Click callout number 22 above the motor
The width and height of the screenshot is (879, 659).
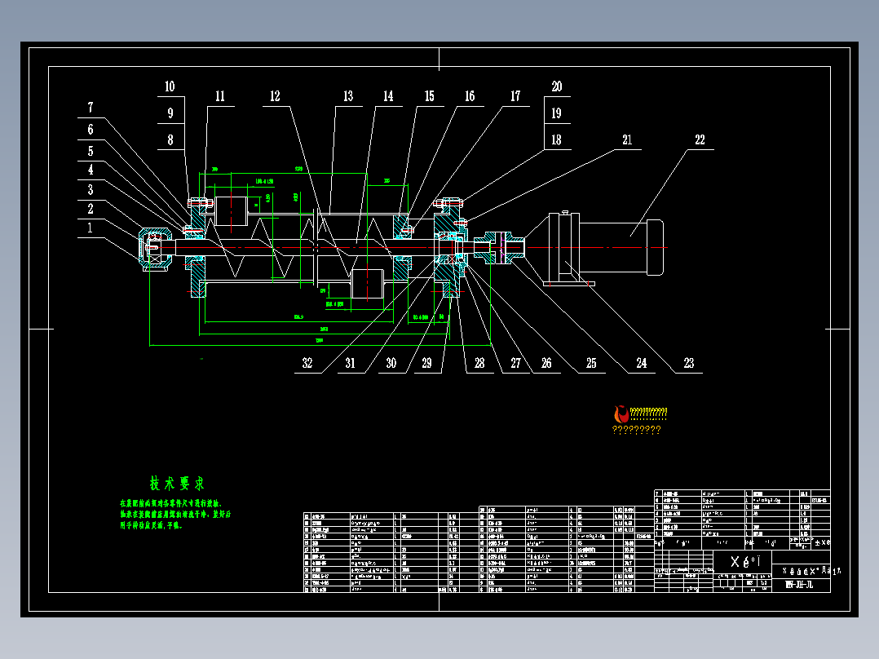pyautogui.click(x=700, y=139)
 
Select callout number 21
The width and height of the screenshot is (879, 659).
pyautogui.click(x=627, y=139)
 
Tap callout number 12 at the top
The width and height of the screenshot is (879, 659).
pyautogui.click(x=275, y=96)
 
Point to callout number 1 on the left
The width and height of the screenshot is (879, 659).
pyautogui.click(x=91, y=229)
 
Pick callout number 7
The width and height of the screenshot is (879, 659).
pyautogui.click(x=91, y=107)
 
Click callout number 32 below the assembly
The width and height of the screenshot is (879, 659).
pyautogui.click(x=307, y=364)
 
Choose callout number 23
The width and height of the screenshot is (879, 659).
pyautogui.click(x=689, y=364)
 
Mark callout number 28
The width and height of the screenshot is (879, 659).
pyautogui.click(x=479, y=364)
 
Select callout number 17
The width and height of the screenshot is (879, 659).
pyautogui.click(x=515, y=96)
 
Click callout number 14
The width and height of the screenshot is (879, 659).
pyautogui.click(x=388, y=96)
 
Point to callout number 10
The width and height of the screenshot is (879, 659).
pyautogui.click(x=170, y=86)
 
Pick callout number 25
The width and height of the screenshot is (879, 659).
pyautogui.click(x=591, y=364)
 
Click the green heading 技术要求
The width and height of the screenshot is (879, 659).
pyautogui.click(x=177, y=484)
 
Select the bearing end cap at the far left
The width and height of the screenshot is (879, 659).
pyautogui.click(x=155, y=248)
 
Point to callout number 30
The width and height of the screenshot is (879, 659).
pyautogui.click(x=391, y=364)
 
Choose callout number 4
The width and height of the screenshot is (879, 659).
pyautogui.click(x=91, y=170)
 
